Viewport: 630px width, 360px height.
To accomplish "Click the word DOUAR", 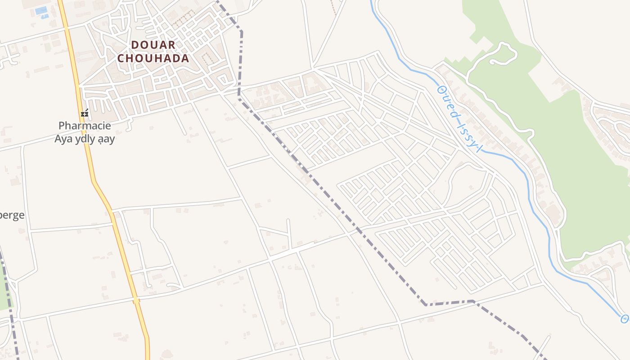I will coord(153,45).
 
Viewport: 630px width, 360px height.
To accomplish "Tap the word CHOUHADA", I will coord(153,58).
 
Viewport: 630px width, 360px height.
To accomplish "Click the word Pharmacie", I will coord(85,126).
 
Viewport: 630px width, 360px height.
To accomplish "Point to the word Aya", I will coord(63,139).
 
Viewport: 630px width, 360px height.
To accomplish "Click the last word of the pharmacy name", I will coord(107,139).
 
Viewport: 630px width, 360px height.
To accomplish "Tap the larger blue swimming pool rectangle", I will coord(41,10).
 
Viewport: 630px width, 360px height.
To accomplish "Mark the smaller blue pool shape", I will coord(45,17).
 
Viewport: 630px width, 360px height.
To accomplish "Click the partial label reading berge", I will coord(12,215).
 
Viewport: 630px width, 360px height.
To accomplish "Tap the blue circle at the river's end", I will coord(625,319).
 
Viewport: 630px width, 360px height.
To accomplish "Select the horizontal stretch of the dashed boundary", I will coord(450,302).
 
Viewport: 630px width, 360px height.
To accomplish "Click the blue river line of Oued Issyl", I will coord(531,189).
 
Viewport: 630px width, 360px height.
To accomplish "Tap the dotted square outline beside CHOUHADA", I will coord(207,57).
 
